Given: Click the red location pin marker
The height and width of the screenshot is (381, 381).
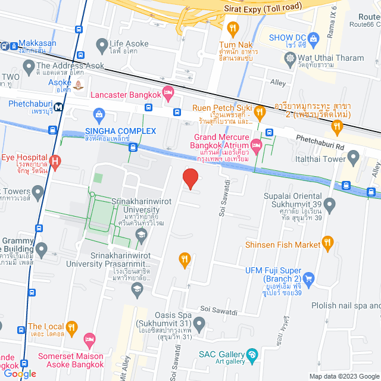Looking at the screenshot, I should [x=190, y=179].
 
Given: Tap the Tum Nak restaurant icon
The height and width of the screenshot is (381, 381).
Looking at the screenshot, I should [x=233, y=27].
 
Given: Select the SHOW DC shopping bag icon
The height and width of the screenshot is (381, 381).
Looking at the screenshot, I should [x=314, y=38].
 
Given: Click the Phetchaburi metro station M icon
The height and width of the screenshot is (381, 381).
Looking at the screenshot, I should [x=59, y=107].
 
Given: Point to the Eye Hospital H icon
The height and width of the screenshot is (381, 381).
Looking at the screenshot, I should [x=55, y=160].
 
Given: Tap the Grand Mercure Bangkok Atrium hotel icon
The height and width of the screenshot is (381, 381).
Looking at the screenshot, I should [x=257, y=145].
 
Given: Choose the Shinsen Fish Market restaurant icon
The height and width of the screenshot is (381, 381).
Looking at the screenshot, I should [x=327, y=243].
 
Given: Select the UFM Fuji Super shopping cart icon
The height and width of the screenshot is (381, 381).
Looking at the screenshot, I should [x=308, y=278].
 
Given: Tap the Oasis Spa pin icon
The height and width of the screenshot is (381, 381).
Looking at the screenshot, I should [x=199, y=325].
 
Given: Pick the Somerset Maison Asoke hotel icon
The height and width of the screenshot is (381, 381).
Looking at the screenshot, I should [x=89, y=339].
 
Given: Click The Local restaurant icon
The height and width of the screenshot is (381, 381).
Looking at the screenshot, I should [x=72, y=327].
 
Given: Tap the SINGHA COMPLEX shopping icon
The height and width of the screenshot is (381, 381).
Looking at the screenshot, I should [x=99, y=113].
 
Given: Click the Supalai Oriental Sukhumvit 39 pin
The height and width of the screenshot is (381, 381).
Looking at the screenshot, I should [x=330, y=205].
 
